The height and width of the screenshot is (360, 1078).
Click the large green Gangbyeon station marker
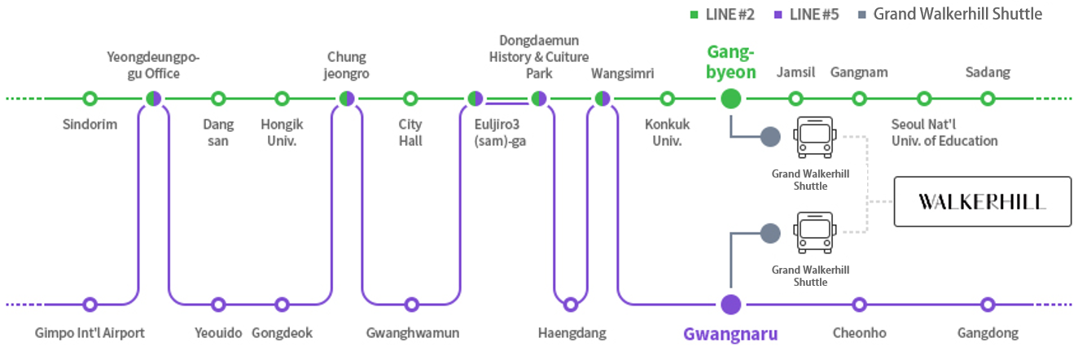[x=731, y=99]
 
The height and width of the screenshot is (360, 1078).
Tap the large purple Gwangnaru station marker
[x=731, y=305]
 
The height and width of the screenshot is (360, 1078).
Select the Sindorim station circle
[x=90, y=99]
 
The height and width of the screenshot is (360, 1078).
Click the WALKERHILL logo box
[x=982, y=201]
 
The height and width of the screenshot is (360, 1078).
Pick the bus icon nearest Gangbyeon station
[x=813, y=137]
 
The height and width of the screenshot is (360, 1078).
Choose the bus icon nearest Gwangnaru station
[x=813, y=233]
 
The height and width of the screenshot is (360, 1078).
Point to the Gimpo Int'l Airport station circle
[x=90, y=305]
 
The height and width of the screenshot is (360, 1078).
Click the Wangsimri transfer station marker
[x=603, y=99]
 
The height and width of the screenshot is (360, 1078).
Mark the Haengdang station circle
[x=571, y=305]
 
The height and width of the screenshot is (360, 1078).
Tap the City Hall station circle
[x=411, y=99]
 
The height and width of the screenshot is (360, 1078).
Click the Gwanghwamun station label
[x=413, y=333]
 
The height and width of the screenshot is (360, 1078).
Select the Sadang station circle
[x=988, y=99]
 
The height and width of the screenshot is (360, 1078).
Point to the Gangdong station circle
[x=988, y=305]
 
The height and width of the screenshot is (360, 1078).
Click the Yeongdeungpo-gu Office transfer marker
[x=153, y=99]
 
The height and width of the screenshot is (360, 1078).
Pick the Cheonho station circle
[x=859, y=305]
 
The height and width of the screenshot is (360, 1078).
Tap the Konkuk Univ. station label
[x=667, y=133]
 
